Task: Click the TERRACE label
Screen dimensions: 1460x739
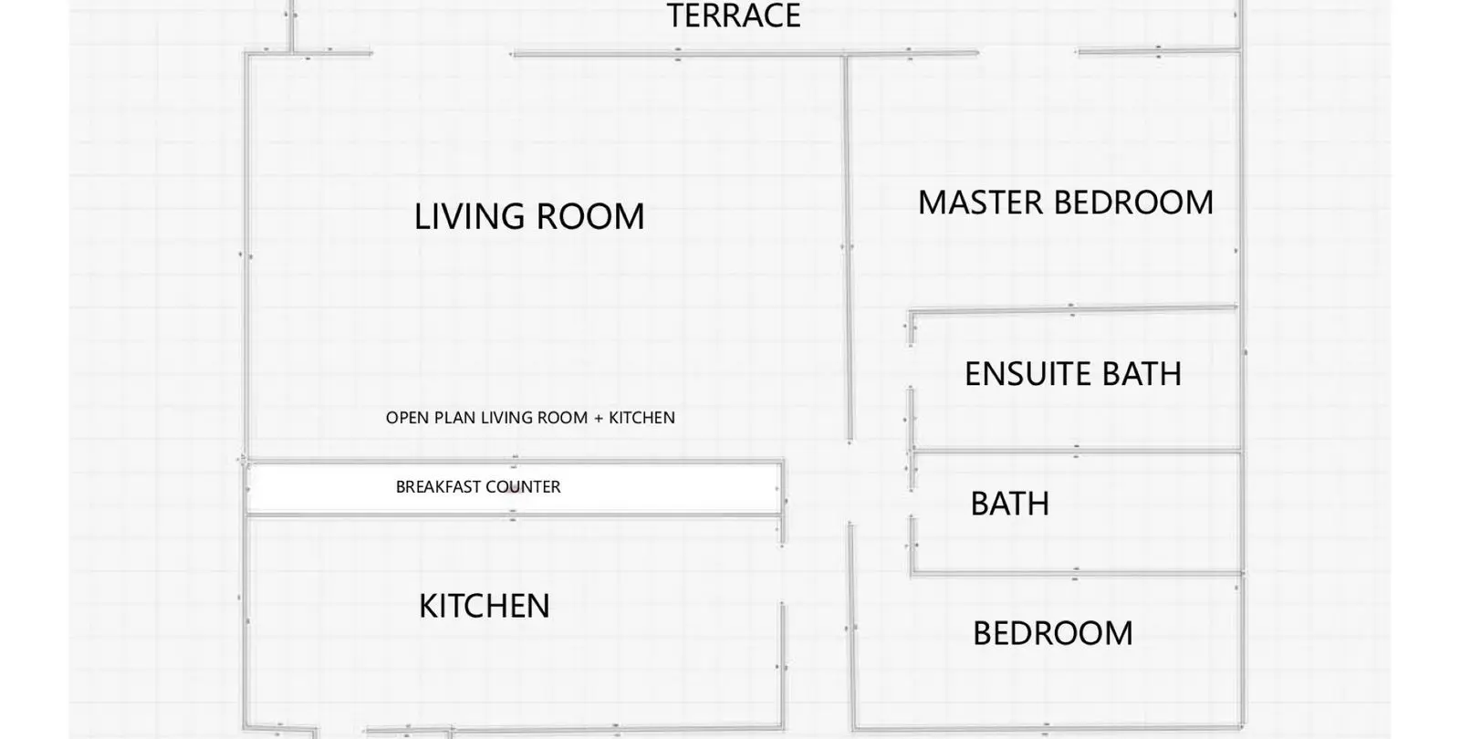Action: pyautogui.click(x=734, y=15)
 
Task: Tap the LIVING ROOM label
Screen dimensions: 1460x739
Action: pyautogui.click(x=529, y=216)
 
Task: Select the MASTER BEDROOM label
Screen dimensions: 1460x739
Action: pyautogui.click(x=1066, y=203)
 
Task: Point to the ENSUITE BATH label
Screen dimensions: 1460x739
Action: pyautogui.click(x=1073, y=374)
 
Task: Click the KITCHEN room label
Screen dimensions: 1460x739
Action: pyautogui.click(x=485, y=606)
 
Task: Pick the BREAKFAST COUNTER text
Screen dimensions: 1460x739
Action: pyautogui.click(x=478, y=487)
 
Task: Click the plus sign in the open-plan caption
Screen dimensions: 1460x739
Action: pyautogui.click(x=599, y=419)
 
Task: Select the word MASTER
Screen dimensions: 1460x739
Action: pyautogui.click(x=981, y=203)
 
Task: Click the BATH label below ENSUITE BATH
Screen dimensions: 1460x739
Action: pyautogui.click(x=1009, y=504)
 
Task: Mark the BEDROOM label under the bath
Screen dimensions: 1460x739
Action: pyautogui.click(x=1053, y=633)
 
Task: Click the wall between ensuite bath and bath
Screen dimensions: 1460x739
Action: pyautogui.click(x=1076, y=451)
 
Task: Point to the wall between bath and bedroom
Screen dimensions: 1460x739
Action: pyautogui.click(x=1077, y=574)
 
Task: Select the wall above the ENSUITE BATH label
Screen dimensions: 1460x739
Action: pyautogui.click(x=1073, y=310)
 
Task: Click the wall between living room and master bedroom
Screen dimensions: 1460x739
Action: pyautogui.click(x=848, y=247)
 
